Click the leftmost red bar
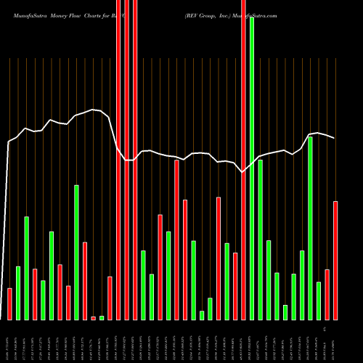click(x=9, y=303)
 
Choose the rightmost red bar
click(x=335, y=260)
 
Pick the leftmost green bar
click(x=18, y=293)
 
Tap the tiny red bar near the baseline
click(x=93, y=318)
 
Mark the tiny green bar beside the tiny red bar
click(x=102, y=318)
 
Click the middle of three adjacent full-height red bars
click(x=126, y=160)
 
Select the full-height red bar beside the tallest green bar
click(x=243, y=160)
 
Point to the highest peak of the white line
click(x=93, y=110)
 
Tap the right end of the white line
click(x=335, y=138)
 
